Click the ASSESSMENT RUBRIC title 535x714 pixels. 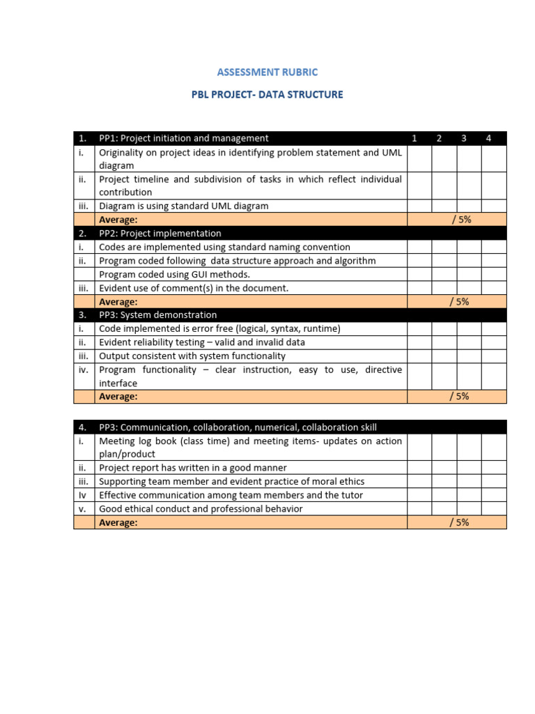(x=267, y=72)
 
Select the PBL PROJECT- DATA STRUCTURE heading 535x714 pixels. (x=267, y=94)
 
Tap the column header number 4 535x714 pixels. (x=488, y=138)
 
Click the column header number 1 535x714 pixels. (x=414, y=138)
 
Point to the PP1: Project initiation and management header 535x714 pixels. (x=184, y=138)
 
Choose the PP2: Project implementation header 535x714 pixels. (x=160, y=234)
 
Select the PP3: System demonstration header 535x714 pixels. (x=158, y=315)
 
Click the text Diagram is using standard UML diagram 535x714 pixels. (x=184, y=206)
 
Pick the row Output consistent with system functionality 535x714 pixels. (x=192, y=356)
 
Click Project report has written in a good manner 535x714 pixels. (x=193, y=468)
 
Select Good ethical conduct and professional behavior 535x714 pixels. (x=201, y=509)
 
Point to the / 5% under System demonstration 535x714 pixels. (x=460, y=396)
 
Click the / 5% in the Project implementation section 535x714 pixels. (x=460, y=301)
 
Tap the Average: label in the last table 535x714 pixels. (x=118, y=522)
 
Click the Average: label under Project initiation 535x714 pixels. (x=118, y=220)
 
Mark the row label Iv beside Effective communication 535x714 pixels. (x=83, y=495)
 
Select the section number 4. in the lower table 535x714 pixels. (x=83, y=427)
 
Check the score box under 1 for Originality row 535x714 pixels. (x=419, y=158)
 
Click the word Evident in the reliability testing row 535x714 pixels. (x=116, y=342)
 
